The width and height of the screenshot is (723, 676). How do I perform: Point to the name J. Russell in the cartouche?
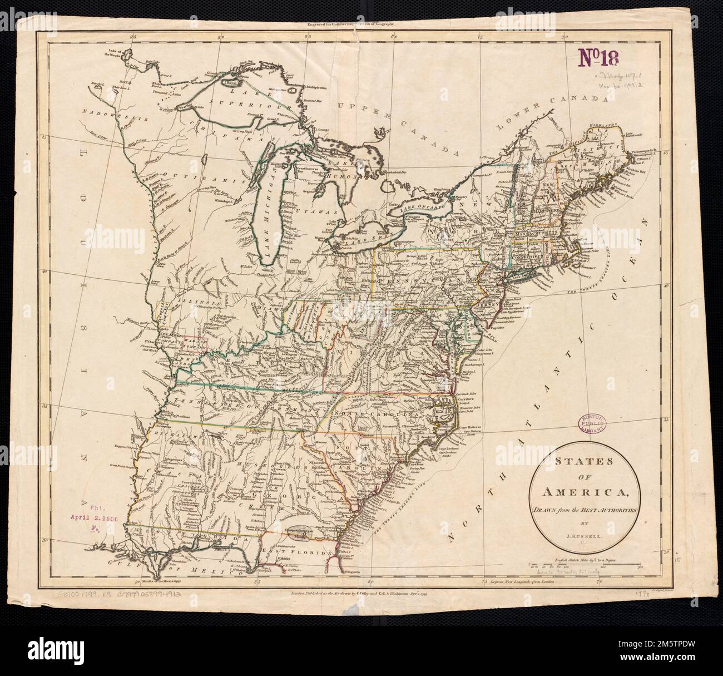pos(582,535)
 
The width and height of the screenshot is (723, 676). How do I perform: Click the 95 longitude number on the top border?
pos(132,37)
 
